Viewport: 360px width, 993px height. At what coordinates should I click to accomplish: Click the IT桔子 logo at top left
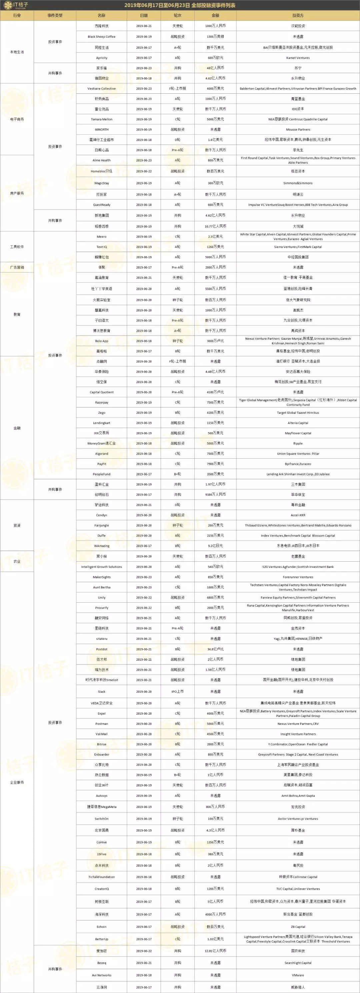(x=15, y=5)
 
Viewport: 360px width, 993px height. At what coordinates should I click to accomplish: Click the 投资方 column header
(x=298, y=15)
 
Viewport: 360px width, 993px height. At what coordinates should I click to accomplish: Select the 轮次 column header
(x=177, y=15)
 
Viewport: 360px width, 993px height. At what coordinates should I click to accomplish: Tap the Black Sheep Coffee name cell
(x=101, y=37)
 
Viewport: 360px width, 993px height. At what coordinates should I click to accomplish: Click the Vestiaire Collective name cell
(x=101, y=88)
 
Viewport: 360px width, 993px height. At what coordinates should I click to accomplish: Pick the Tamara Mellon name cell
(x=101, y=119)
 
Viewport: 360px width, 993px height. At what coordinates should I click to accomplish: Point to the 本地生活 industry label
(x=17, y=52)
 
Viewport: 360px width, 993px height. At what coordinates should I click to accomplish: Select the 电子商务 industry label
(x=17, y=119)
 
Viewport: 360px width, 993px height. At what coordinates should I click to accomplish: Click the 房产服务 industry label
(x=17, y=193)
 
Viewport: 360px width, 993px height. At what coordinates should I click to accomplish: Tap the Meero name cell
(x=101, y=237)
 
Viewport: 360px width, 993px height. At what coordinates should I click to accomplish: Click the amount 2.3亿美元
(x=215, y=237)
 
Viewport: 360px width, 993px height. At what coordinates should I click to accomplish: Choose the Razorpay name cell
(x=101, y=402)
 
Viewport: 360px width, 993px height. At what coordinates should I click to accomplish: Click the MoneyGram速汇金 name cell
(x=101, y=443)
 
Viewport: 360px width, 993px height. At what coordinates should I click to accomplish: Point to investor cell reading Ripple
(x=298, y=443)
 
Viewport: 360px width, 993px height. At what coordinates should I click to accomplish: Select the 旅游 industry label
(x=17, y=525)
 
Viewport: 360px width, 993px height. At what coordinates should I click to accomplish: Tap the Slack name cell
(x=101, y=692)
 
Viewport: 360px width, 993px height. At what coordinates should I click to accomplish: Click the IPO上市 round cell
(x=177, y=692)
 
